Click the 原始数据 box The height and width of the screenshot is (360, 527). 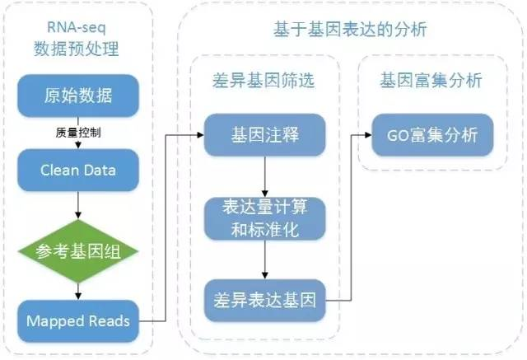(77, 95)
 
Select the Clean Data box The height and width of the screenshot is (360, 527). (77, 171)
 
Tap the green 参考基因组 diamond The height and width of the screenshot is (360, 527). (77, 250)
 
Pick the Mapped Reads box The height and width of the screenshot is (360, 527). (77, 320)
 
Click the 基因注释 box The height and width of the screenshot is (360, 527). (264, 133)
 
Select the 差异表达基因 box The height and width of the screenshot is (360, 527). (264, 297)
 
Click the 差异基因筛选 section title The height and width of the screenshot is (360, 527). (263, 81)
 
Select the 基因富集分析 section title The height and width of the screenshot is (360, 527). (430, 81)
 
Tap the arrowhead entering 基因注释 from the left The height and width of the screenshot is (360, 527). (201, 133)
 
